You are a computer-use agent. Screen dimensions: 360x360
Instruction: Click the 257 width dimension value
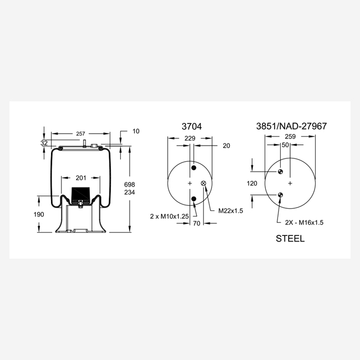coord(81,133)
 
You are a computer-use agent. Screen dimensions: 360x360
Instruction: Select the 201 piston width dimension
coord(81,178)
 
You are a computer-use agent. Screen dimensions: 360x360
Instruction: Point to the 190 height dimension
coord(39,214)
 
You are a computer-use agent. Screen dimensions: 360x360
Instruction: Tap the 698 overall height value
coord(130,184)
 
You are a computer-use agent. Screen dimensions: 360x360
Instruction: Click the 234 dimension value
coord(130,192)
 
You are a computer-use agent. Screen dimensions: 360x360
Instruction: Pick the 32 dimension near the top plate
coord(44,143)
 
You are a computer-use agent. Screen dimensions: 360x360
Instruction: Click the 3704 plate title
coord(192,126)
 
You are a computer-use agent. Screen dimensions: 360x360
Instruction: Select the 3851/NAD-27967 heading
coord(291,126)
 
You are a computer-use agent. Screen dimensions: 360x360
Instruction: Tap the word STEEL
coord(290,239)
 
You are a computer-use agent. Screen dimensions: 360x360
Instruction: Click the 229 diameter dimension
coord(190,138)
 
